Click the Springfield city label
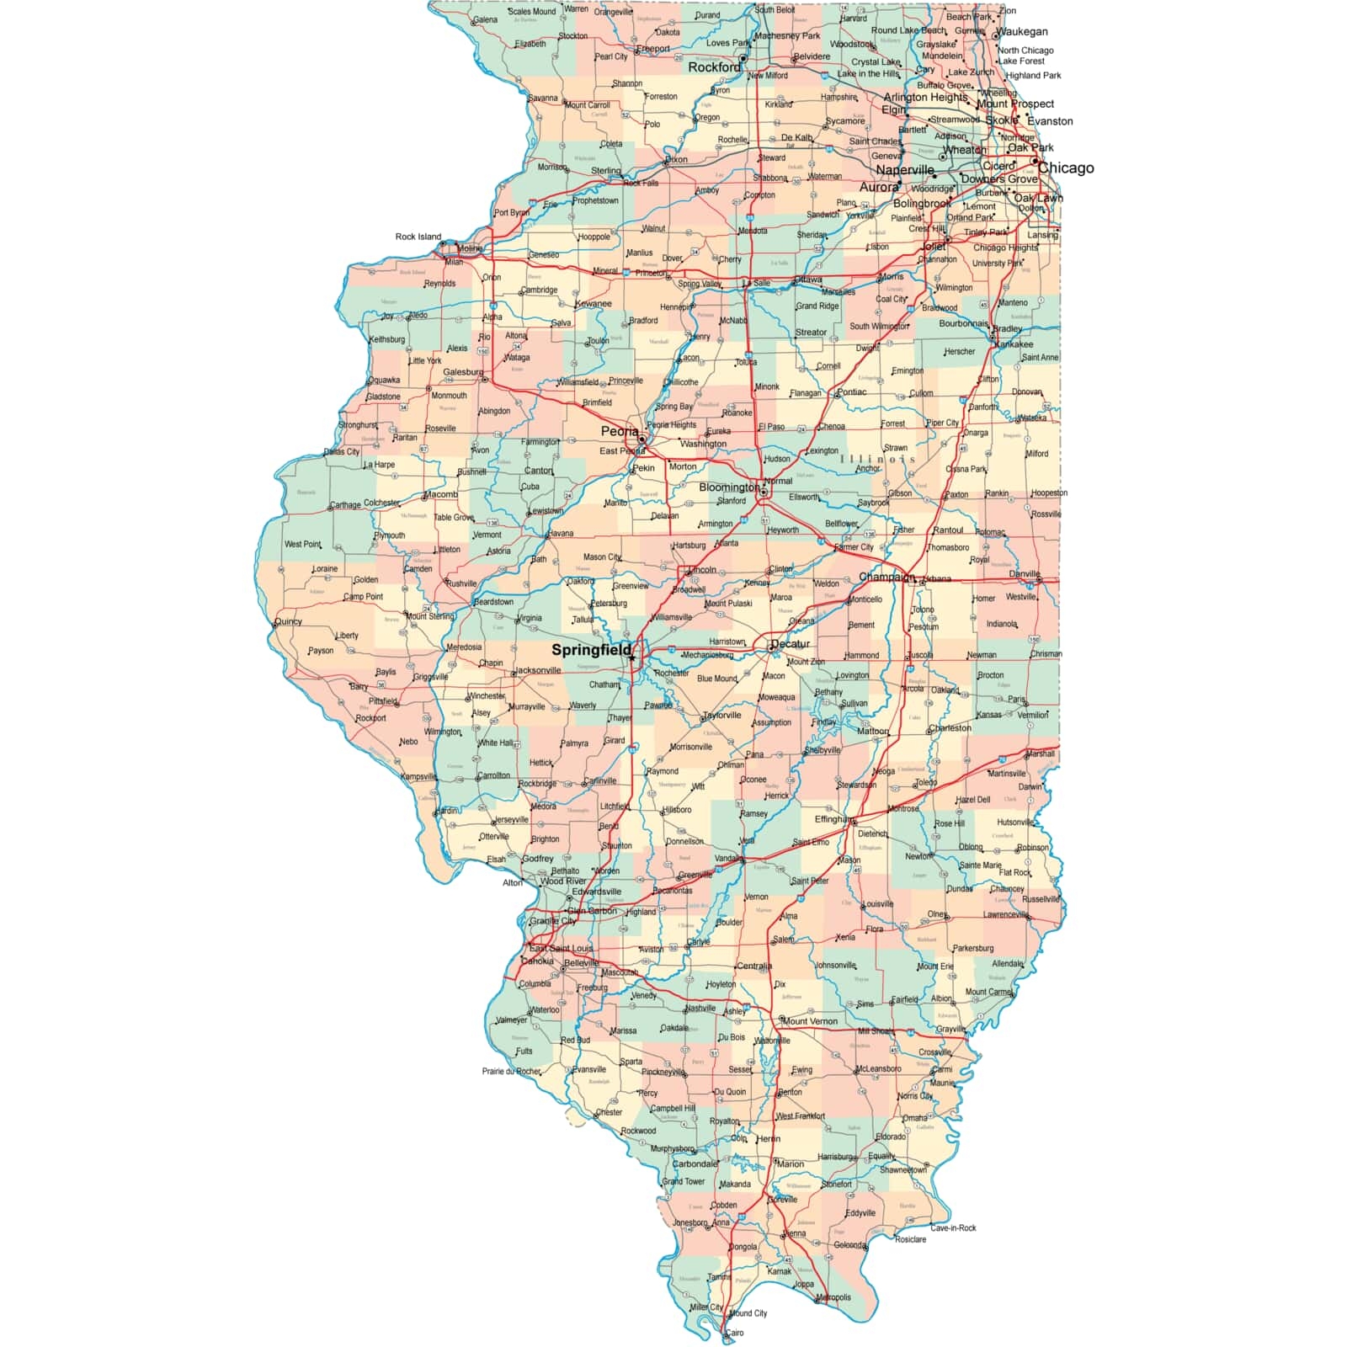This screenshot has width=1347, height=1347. pyautogui.click(x=591, y=650)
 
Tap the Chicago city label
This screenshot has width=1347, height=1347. pyautogui.click(x=1066, y=168)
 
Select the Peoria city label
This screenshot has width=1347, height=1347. pyautogui.click(x=620, y=432)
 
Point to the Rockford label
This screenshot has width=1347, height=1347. pyautogui.click(x=715, y=67)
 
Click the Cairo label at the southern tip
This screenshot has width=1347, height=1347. pyautogui.click(x=735, y=1333)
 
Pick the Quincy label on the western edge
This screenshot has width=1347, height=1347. pyautogui.click(x=288, y=621)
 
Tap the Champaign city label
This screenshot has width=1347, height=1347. pyautogui.click(x=886, y=578)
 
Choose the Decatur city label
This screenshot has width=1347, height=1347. pyautogui.click(x=790, y=644)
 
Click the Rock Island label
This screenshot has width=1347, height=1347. pyautogui.click(x=418, y=237)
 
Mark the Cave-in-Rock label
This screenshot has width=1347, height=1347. pyautogui.click(x=953, y=1227)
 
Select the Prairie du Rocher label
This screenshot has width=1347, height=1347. pyautogui.click(x=511, y=1072)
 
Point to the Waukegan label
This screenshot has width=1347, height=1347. pyautogui.click(x=1022, y=32)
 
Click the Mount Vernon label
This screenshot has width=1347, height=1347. pyautogui.click(x=810, y=1021)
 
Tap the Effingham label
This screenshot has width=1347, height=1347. pyautogui.click(x=833, y=819)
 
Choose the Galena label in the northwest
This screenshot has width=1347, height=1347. pyautogui.click(x=485, y=20)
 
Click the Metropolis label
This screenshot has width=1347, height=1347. pyautogui.click(x=833, y=1297)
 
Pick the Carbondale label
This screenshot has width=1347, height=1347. pyautogui.click(x=695, y=1164)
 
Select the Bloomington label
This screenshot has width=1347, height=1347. pyautogui.click(x=729, y=487)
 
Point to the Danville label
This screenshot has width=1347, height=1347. pyautogui.click(x=1024, y=574)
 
